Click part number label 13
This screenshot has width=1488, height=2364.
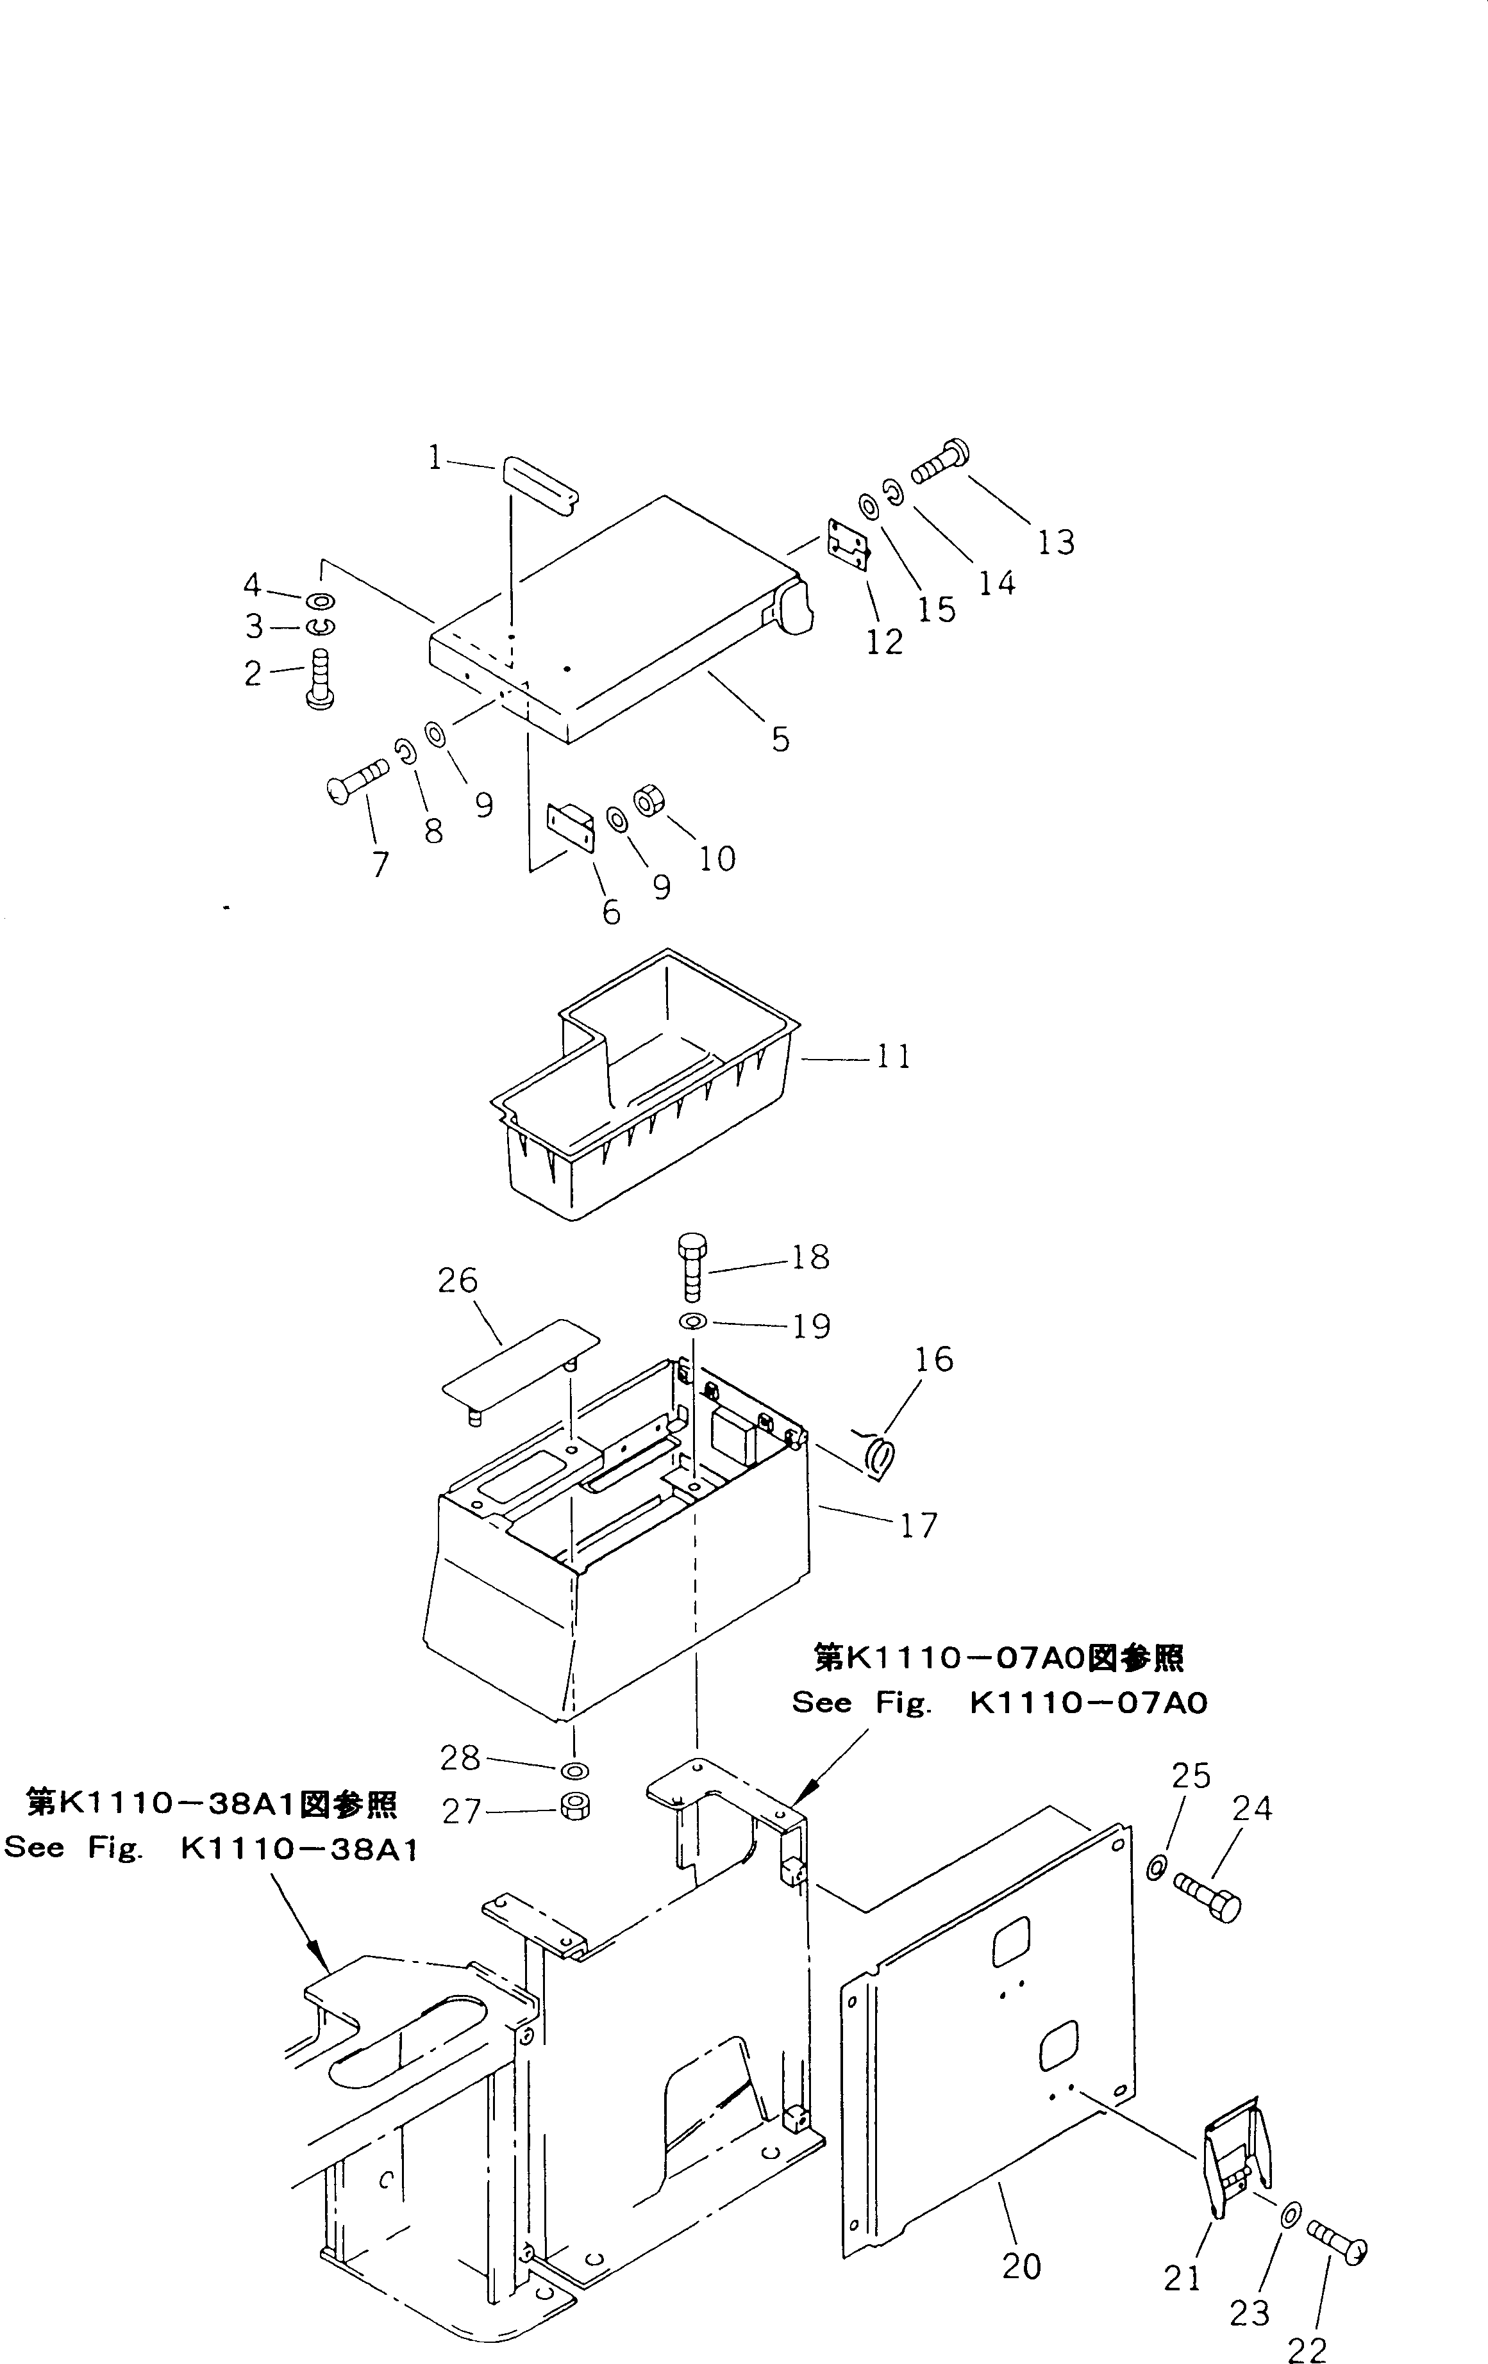pos(1057,542)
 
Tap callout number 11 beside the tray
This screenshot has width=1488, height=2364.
pos(894,1056)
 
